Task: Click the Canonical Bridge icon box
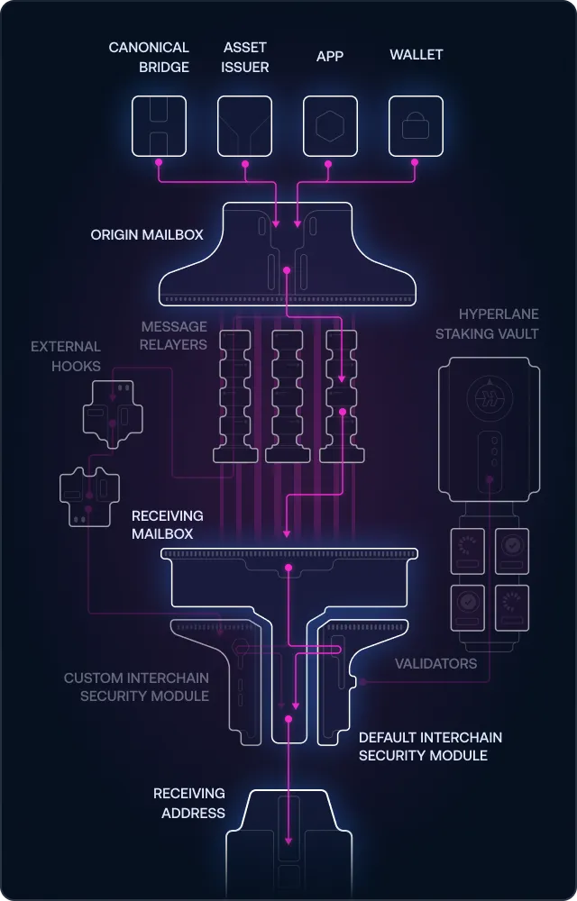pos(159,125)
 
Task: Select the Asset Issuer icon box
pos(244,125)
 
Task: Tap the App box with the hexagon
pos(329,125)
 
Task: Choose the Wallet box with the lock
pos(415,125)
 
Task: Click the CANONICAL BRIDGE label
pos(149,57)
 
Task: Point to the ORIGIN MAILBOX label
pos(147,234)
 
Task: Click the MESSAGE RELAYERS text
pos(173,335)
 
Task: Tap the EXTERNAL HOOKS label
pos(65,355)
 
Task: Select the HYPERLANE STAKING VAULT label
pos(487,323)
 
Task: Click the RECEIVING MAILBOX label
pos(168,524)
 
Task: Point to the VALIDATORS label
pos(435,663)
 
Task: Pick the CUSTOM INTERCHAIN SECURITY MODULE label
pos(136,687)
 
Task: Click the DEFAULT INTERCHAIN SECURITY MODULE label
pos(430,746)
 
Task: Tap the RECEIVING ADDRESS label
pos(189,803)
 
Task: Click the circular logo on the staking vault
pos(489,397)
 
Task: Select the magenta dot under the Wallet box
pos(415,163)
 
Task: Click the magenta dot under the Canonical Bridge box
pos(159,163)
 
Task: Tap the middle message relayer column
pos(288,396)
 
